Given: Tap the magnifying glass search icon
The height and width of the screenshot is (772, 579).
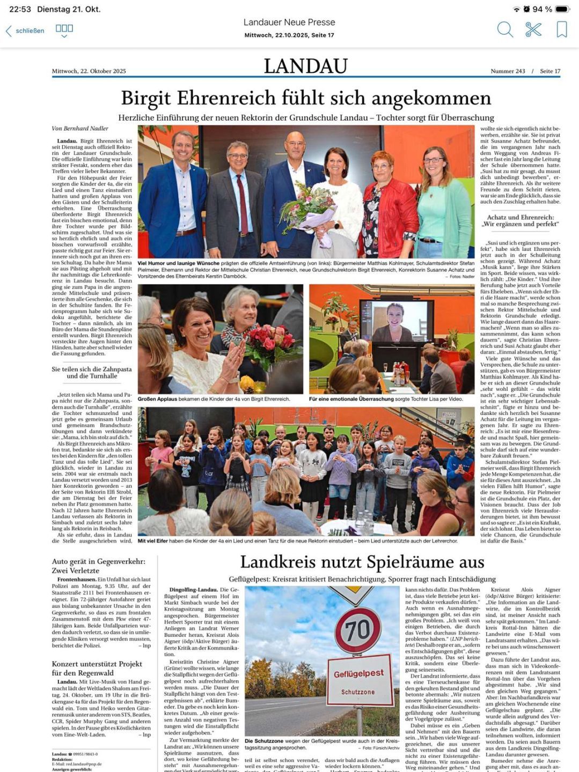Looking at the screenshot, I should (505, 29).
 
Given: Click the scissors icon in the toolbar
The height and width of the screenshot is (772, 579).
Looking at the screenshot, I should (533, 29).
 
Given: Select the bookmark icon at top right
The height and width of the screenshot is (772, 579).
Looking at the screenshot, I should (561, 29).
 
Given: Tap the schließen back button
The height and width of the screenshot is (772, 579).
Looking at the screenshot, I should (25, 31).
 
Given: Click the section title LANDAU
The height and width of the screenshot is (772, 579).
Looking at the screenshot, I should (305, 66).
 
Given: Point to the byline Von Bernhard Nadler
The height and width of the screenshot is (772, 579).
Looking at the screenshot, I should (80, 128).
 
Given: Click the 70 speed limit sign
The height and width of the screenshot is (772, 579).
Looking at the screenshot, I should (357, 630).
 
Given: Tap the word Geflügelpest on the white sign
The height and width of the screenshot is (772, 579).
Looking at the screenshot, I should (358, 673).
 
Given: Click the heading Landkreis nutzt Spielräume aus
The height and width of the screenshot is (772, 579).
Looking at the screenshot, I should (362, 562).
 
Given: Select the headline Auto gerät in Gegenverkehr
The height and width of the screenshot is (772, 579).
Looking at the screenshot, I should (98, 566).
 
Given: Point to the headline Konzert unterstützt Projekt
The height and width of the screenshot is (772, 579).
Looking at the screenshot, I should (97, 667).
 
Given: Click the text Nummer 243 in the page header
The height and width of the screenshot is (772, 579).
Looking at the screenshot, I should (507, 71).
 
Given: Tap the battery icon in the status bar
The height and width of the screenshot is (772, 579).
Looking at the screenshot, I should (562, 9).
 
